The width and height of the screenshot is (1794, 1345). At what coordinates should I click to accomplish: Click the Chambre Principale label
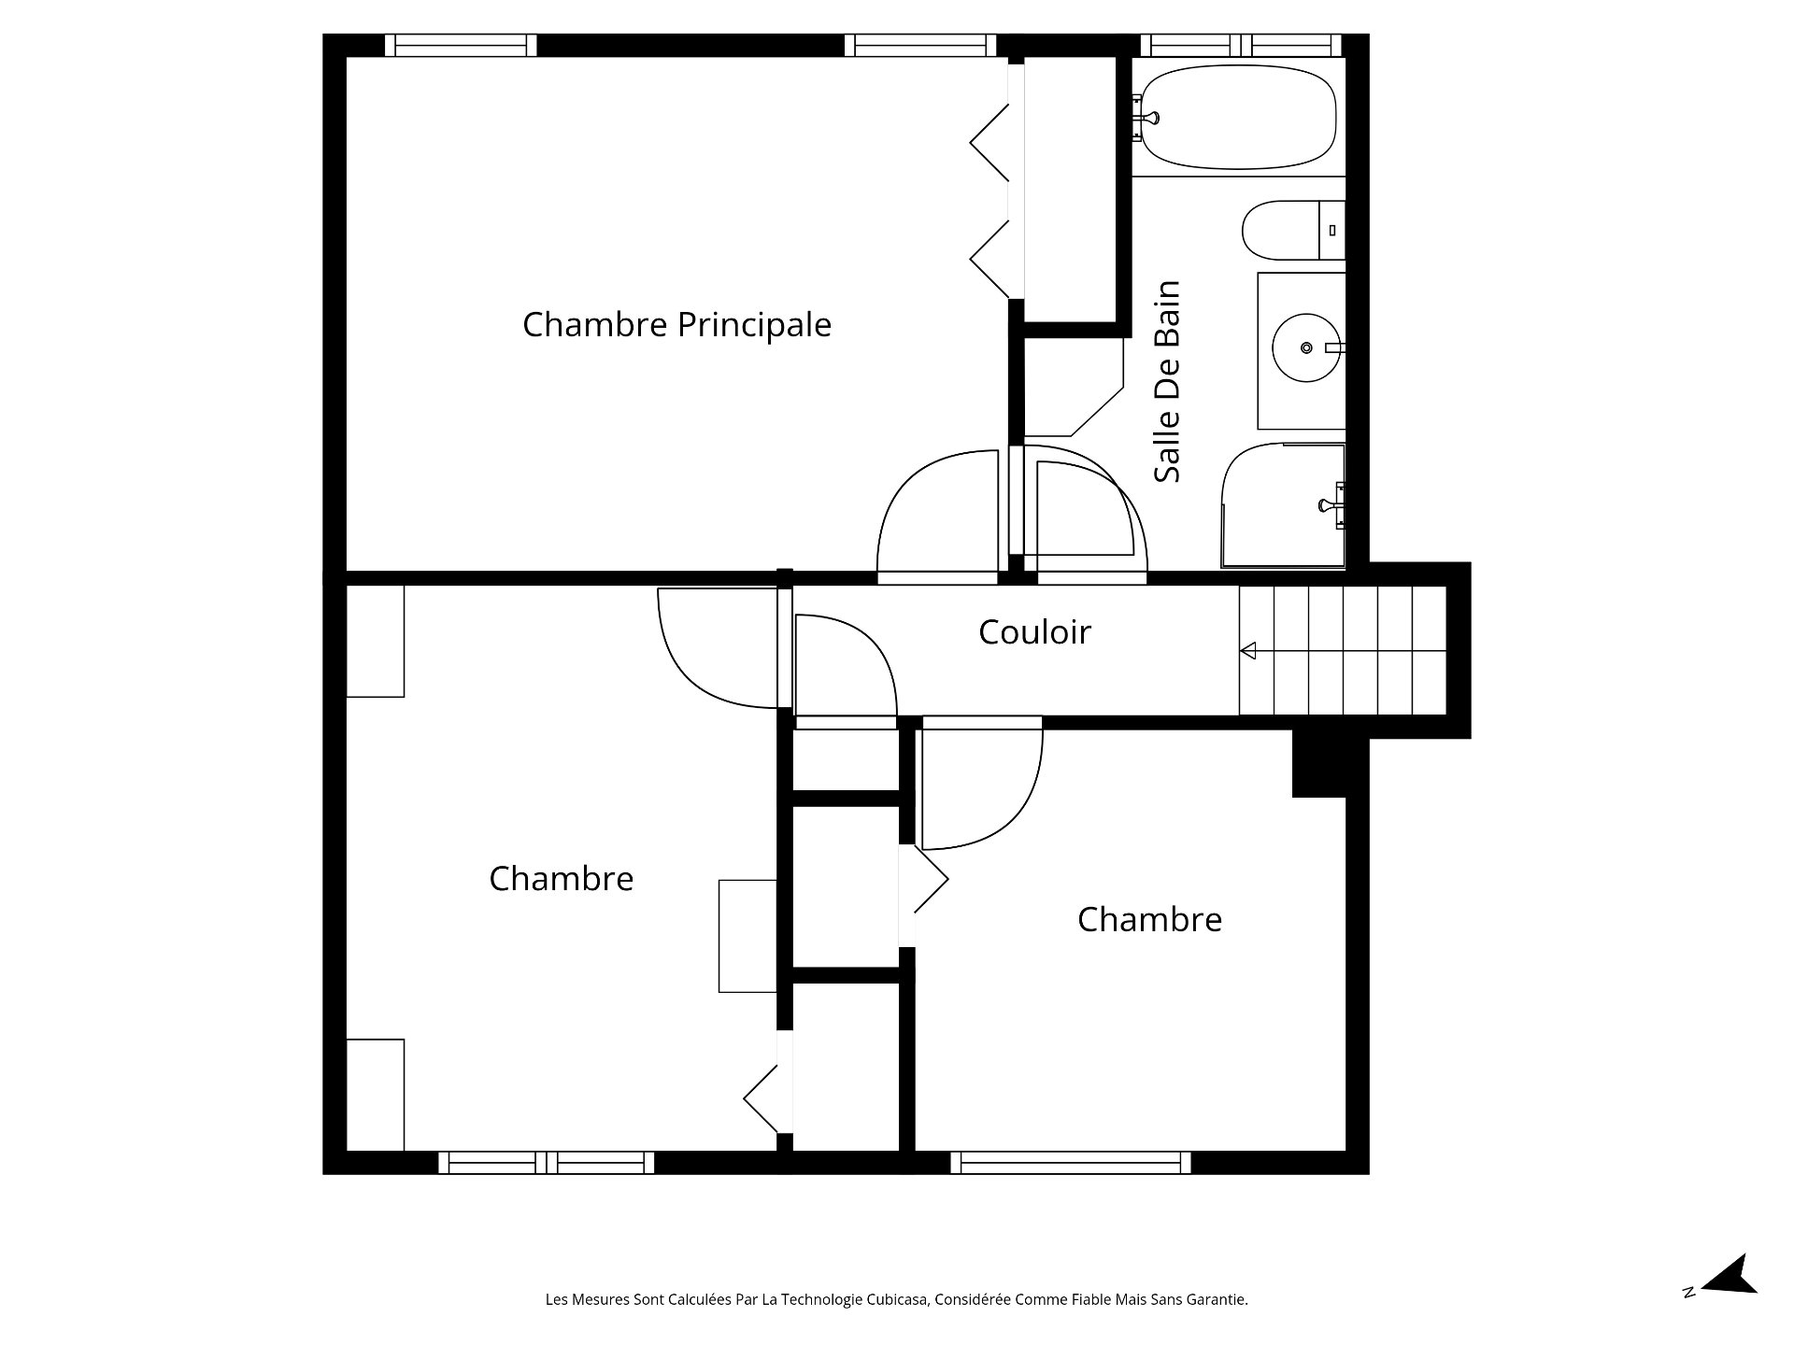[676, 325]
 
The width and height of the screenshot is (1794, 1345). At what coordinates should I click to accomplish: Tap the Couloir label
[1034, 632]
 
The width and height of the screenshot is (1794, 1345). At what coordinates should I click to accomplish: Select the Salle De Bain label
[1167, 381]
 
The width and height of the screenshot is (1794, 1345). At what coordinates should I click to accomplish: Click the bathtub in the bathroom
[1238, 117]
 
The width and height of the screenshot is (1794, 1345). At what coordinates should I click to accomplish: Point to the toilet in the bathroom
[1289, 231]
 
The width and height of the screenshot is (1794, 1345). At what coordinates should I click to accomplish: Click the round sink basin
[1305, 347]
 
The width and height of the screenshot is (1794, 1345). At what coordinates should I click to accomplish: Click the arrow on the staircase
[1248, 651]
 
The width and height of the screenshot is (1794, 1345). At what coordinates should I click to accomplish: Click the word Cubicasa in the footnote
[897, 1299]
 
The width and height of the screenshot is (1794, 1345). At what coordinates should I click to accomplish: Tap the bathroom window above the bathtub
[1241, 45]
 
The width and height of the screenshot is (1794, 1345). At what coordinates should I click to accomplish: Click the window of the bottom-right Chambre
[1071, 1162]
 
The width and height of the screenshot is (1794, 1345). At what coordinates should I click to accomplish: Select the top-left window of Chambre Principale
[461, 45]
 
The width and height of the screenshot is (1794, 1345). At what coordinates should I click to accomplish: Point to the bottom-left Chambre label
[561, 879]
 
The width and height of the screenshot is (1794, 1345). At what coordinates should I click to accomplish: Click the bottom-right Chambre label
[1149, 920]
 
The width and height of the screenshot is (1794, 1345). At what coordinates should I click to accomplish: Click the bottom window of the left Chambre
[546, 1162]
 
